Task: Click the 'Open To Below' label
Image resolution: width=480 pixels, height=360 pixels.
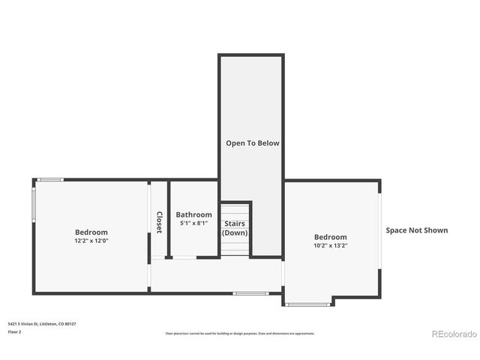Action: tap(253, 142)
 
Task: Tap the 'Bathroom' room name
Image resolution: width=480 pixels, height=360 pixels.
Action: tap(193, 214)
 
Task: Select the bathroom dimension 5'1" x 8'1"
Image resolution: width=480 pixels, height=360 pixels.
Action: tap(193, 223)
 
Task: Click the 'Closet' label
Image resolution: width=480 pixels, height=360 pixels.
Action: tap(159, 222)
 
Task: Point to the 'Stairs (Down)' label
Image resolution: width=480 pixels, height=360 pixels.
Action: tap(235, 228)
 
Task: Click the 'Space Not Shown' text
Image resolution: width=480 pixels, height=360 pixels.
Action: tap(416, 230)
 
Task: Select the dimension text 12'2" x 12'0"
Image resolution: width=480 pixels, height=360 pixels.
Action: tap(91, 241)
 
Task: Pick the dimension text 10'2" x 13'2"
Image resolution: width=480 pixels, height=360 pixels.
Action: tap(330, 245)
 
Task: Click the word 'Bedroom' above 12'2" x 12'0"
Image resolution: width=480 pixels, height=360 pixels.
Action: tap(91, 232)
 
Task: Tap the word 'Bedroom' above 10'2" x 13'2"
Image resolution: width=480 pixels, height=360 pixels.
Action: tap(330, 236)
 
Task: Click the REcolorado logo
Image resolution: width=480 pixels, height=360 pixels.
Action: tap(453, 334)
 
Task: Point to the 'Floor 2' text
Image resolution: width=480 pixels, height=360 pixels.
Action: tap(15, 331)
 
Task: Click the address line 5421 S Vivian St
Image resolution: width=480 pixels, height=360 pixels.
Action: tap(42, 324)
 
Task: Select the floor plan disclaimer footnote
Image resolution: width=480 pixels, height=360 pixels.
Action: tap(240, 333)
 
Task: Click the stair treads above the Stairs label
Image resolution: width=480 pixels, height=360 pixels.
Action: tap(235, 209)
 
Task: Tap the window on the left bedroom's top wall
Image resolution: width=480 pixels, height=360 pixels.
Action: tap(51, 179)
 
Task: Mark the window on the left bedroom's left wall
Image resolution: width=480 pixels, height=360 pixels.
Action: tap(33, 202)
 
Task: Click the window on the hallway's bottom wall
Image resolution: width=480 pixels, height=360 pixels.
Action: tap(250, 292)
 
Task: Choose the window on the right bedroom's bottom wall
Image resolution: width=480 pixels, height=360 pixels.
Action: tap(308, 304)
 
